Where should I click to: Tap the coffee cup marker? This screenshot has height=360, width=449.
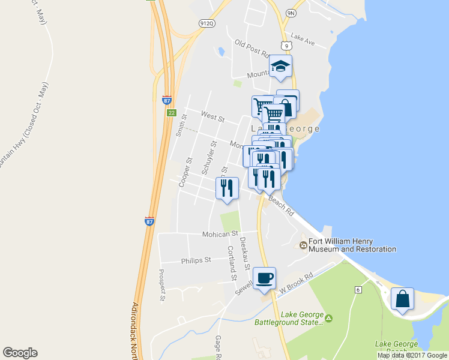tap(264, 278)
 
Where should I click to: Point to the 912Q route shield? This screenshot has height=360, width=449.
tap(207, 23)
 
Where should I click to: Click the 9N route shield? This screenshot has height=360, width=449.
tap(291, 13)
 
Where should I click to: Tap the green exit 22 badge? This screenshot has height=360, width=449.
tap(171, 112)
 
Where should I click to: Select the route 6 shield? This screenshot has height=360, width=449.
tap(358, 290)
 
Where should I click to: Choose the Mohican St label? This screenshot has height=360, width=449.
tap(220, 233)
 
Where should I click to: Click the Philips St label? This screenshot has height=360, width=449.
tap(196, 260)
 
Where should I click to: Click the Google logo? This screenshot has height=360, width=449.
tap(20, 352)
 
